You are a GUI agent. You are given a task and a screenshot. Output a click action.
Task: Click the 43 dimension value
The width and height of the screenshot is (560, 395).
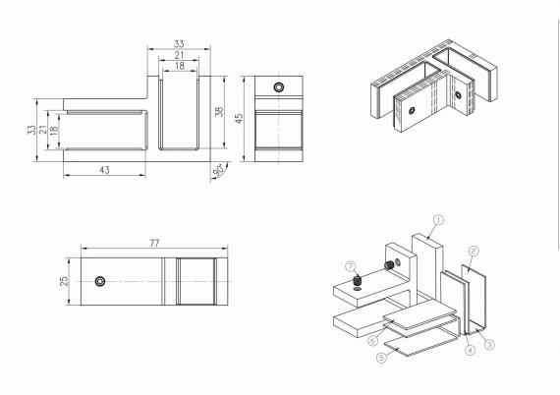[105, 170]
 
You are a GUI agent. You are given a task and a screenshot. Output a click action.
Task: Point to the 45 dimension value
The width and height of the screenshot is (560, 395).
[239, 117]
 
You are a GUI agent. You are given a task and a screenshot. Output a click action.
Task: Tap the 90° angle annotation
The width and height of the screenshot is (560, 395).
[217, 171]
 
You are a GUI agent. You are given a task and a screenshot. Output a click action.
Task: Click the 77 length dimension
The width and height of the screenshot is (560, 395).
[155, 242]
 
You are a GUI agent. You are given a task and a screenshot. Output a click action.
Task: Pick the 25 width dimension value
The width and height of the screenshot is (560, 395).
[64, 281]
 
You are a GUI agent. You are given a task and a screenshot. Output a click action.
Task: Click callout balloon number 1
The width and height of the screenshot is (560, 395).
[438, 220]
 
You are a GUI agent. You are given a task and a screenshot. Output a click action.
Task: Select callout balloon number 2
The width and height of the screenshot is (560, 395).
[474, 251]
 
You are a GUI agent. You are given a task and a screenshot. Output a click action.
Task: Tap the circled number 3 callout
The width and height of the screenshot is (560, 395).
[488, 343]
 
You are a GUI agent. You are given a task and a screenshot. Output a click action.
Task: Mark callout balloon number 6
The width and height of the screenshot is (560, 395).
[373, 340]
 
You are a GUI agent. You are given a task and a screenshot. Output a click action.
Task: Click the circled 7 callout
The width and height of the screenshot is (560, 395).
[349, 266]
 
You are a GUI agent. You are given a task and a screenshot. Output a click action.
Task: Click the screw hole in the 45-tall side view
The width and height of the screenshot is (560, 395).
[279, 87]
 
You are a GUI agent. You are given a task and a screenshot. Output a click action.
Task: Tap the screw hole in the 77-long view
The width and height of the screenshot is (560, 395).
[100, 282]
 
